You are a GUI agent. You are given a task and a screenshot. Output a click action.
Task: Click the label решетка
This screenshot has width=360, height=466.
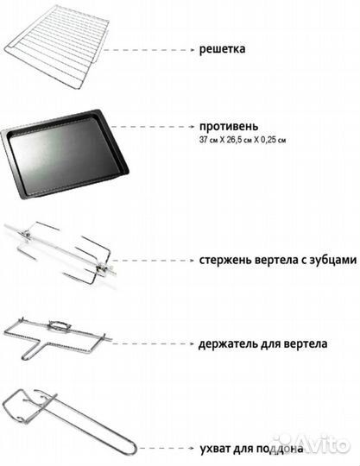pyautogui.click(x=222, y=49)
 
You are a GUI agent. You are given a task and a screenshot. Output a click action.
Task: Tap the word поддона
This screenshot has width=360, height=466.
pyautogui.click(x=280, y=449)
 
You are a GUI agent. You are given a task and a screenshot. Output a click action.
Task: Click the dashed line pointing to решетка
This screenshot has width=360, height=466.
pyautogui.click(x=155, y=49)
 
